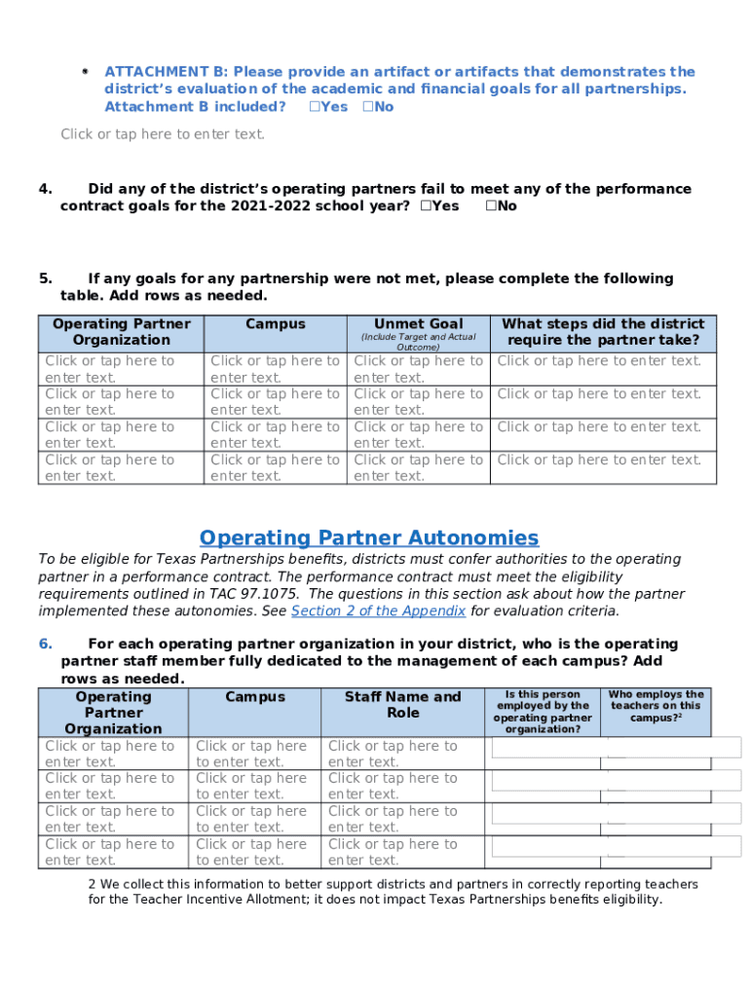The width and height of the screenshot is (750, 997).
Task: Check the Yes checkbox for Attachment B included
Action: tap(315, 107)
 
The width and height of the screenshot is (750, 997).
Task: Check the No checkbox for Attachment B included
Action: tap(368, 107)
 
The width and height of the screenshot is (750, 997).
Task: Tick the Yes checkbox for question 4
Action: tap(426, 206)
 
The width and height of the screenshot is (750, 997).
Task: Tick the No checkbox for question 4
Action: tap(490, 206)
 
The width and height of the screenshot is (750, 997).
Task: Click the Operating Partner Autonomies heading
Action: tap(368, 538)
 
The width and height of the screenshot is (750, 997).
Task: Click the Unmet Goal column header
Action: tap(418, 324)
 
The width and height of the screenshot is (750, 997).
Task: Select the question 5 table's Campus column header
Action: tap(276, 324)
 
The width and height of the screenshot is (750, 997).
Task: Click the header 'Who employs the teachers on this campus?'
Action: tap(656, 706)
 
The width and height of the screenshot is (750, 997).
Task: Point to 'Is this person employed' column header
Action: tap(543, 712)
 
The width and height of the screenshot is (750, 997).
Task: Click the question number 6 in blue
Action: tap(45, 644)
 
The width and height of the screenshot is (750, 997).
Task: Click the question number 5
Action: tap(45, 278)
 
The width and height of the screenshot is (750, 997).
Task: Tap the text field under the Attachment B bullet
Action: tap(163, 134)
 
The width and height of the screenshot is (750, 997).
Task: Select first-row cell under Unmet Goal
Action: tap(418, 369)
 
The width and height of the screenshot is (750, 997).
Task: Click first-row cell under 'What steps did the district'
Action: tap(599, 361)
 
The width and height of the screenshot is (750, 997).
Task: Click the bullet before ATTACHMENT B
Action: tap(86, 72)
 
